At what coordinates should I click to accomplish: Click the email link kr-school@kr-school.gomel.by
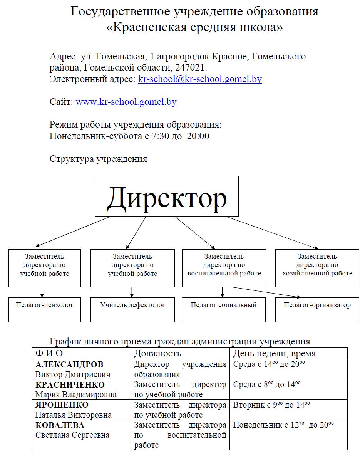[x=199, y=79]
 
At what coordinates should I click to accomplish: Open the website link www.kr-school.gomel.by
[x=126, y=102]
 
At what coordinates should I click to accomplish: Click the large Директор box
[x=166, y=196]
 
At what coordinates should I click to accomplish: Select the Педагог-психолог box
[x=45, y=310]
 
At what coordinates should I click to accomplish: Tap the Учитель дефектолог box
[x=132, y=310]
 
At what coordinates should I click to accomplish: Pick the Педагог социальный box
[x=224, y=310]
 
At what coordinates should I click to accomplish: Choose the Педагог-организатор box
[x=317, y=310]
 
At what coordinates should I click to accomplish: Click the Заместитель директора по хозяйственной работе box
[x=317, y=268]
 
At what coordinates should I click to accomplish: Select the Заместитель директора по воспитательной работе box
[x=224, y=268]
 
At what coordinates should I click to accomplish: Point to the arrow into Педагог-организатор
[x=266, y=292]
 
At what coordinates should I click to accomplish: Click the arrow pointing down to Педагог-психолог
[x=42, y=292]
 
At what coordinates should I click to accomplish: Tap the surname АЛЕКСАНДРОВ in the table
[x=69, y=364]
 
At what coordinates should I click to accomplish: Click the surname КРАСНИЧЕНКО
[x=70, y=385]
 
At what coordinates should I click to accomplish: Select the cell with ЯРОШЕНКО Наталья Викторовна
[x=82, y=410]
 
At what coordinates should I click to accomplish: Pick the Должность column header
[x=157, y=353]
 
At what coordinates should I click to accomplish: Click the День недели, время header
[x=275, y=353]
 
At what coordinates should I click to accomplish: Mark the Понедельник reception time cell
[x=288, y=435]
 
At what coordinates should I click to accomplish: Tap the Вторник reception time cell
[x=288, y=410]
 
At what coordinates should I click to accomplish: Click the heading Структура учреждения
[x=98, y=159]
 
